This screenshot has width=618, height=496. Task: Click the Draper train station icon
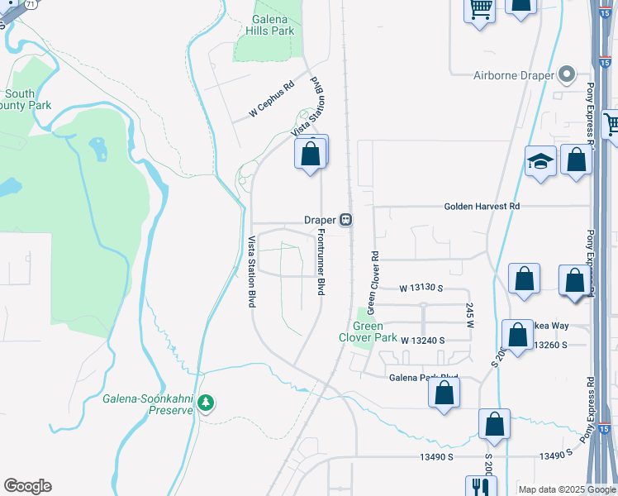click(347, 220)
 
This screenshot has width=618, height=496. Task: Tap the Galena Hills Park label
click(270, 25)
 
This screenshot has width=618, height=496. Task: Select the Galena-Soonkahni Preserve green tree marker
click(206, 403)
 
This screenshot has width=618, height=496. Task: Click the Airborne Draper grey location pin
click(567, 75)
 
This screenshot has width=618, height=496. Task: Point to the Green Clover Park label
click(368, 331)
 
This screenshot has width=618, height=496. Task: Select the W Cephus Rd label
click(271, 98)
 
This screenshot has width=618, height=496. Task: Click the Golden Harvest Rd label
click(482, 206)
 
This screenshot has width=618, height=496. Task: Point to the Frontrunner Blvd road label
click(321, 263)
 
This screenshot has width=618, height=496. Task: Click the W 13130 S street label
click(421, 289)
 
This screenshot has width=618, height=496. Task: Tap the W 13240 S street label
click(423, 341)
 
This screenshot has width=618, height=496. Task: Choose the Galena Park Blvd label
click(423, 378)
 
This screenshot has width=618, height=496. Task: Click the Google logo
click(27, 486)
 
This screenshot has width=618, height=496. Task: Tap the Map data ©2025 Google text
click(567, 489)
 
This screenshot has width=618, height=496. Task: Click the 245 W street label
click(469, 312)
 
